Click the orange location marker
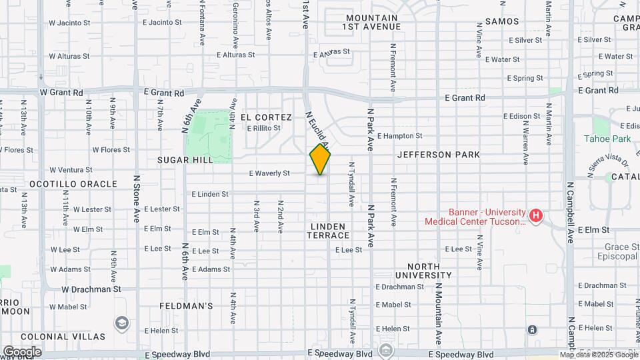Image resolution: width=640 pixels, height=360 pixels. [x=320, y=159]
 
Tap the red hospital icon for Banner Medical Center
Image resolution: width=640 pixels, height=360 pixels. [x=535, y=216]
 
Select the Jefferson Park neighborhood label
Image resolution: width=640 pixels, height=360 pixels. [x=438, y=155]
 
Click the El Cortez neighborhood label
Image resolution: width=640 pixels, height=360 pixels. [x=267, y=117]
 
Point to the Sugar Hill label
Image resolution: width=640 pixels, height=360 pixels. [x=185, y=160]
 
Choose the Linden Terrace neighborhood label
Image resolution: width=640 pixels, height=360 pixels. [x=329, y=231]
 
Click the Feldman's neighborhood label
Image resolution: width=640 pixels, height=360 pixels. [x=186, y=306]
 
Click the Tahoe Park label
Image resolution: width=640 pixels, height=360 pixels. [x=607, y=139]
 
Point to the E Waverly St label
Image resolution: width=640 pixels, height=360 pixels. [x=269, y=173]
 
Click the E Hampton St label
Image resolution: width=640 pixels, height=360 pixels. [x=399, y=135]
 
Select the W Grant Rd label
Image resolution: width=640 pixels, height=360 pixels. [x=65, y=92]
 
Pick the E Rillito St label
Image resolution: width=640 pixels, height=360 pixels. [x=263, y=129]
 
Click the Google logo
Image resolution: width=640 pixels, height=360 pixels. [x=22, y=351]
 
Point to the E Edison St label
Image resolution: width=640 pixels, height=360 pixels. [x=521, y=116]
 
